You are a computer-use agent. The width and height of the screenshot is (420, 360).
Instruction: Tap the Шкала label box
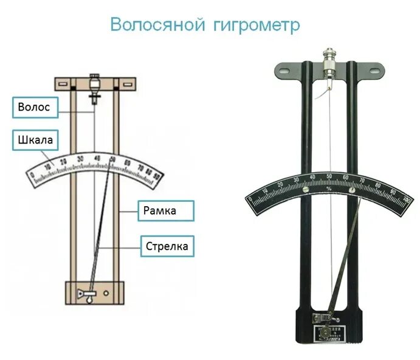pos(35,141)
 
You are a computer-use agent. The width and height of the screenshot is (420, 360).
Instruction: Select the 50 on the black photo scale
pos(329,176)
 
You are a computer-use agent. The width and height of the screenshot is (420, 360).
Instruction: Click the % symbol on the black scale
pos(329,189)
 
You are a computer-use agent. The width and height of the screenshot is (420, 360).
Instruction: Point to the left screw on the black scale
pos(308,189)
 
